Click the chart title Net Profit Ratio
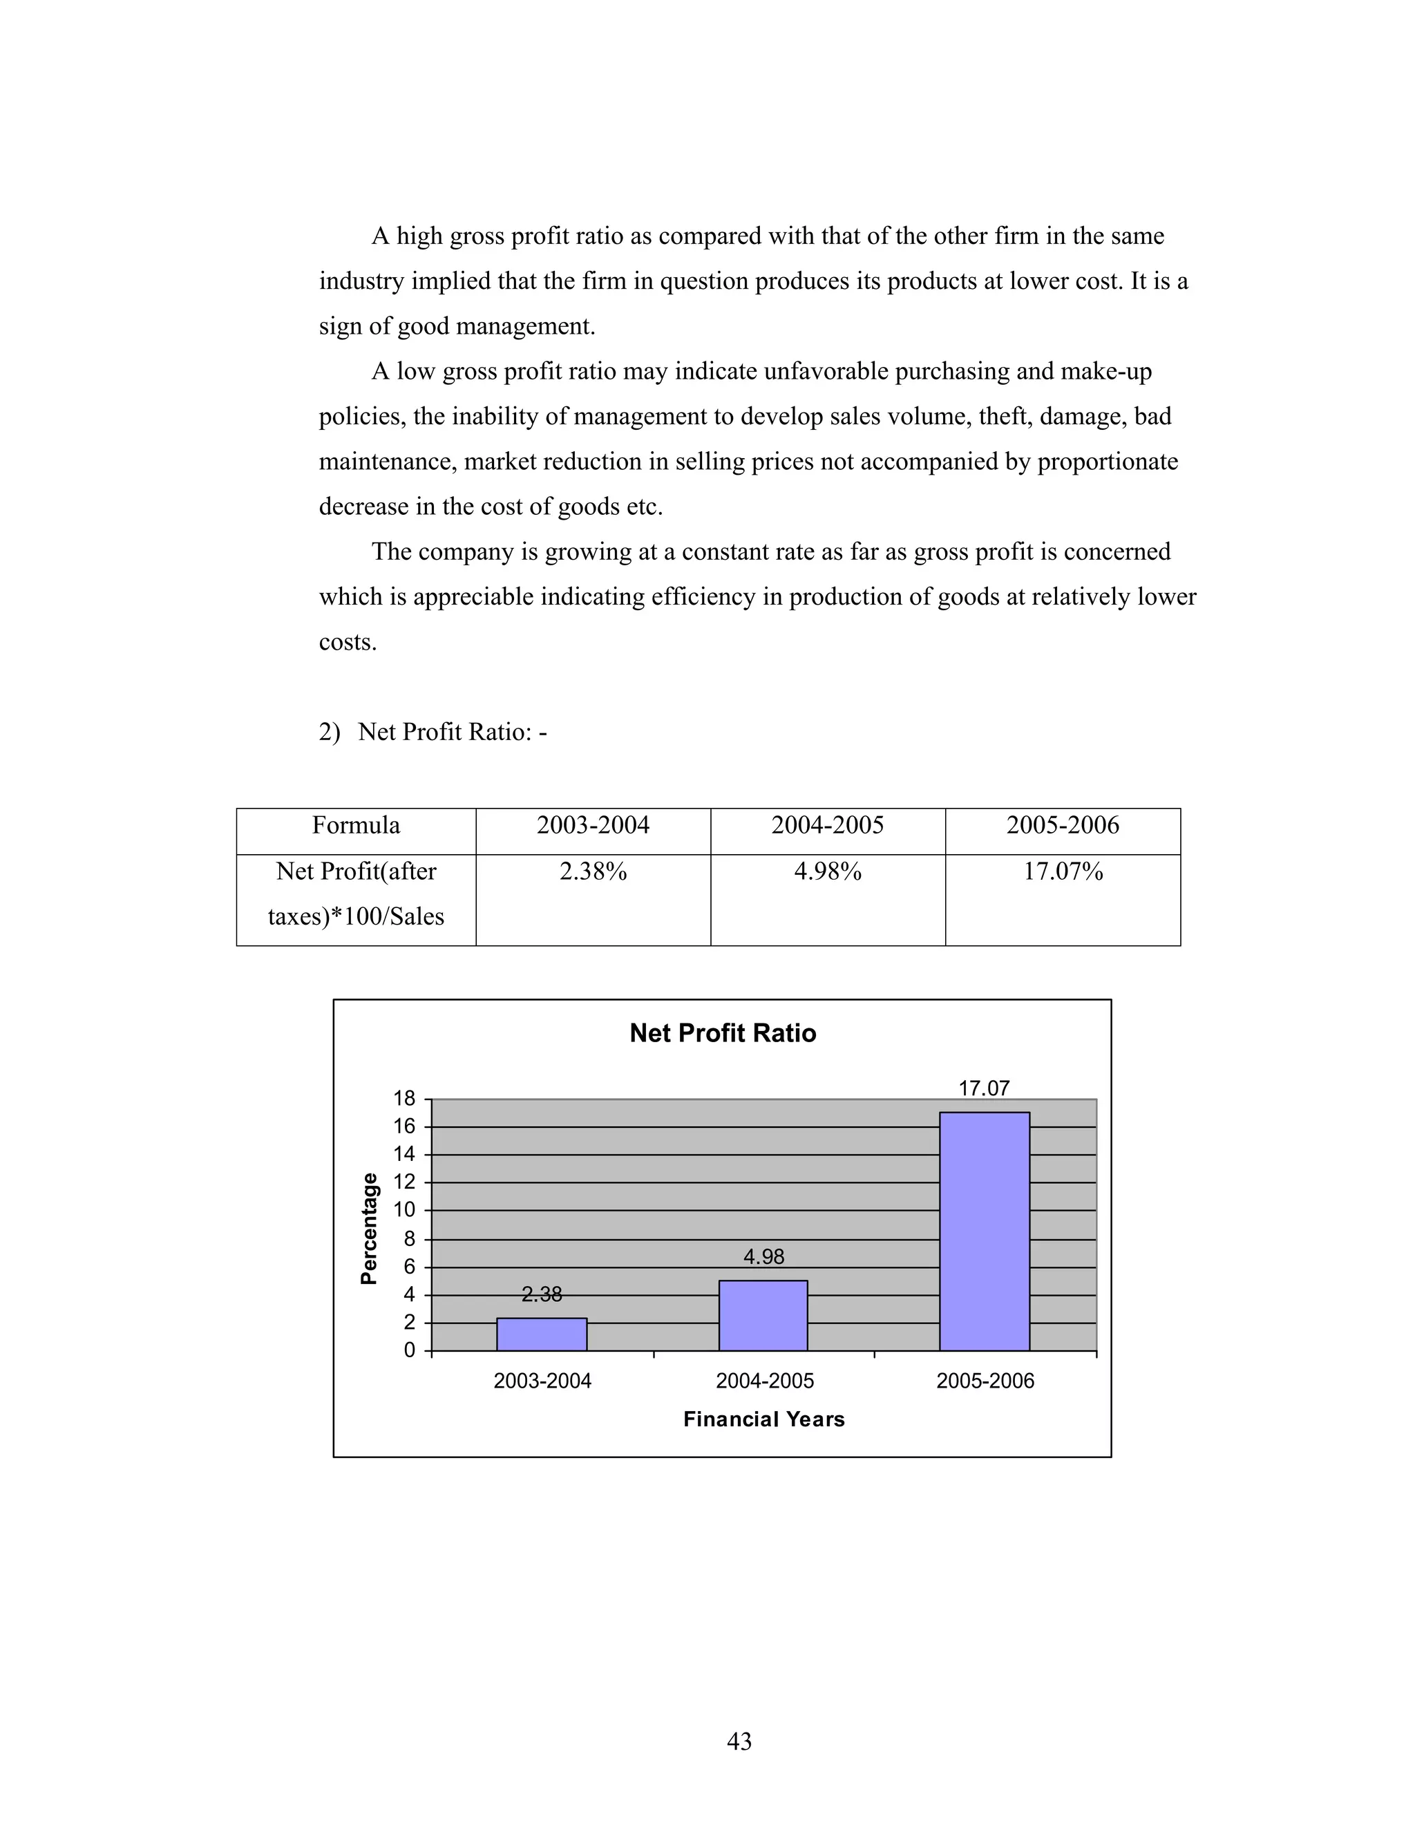coord(722,1032)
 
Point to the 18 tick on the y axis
coord(404,1098)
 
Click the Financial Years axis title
coord(763,1419)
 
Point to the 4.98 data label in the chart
coord(763,1256)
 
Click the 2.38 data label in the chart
coord(542,1294)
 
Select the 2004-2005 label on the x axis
coord(764,1381)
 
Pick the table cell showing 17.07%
coord(1063,872)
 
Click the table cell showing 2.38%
coord(593,872)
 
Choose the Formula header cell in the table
coord(356,825)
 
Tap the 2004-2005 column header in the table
coord(827,825)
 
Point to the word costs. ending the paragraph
coord(348,643)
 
